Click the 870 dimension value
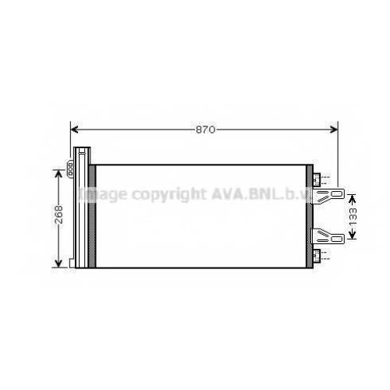[205, 129]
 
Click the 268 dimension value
[59, 214]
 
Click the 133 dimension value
[353, 217]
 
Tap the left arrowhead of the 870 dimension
[74, 129]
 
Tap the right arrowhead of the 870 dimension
[334, 129]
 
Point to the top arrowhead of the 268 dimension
[58, 174]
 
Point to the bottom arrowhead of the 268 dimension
[58, 264]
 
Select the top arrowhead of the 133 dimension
[352, 199]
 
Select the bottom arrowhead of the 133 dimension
[352, 235]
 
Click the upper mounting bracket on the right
[328, 195]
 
